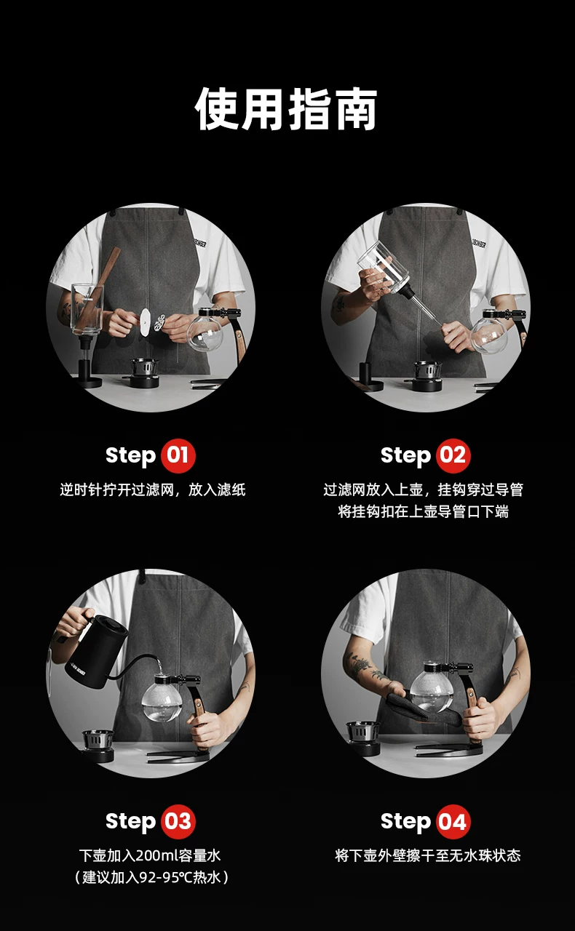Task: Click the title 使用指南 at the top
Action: tap(286, 109)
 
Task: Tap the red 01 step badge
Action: tap(178, 455)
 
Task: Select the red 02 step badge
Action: tap(453, 455)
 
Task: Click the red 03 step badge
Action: tap(178, 822)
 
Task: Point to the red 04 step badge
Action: tap(453, 822)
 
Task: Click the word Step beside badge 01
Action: tap(130, 456)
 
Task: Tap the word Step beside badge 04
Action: tap(405, 822)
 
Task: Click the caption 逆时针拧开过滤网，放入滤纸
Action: tap(153, 490)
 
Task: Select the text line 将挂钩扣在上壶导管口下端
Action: tap(423, 511)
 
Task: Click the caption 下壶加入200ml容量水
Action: tap(150, 856)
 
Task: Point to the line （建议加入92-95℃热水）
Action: tap(151, 877)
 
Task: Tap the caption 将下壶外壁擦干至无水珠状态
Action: tap(428, 856)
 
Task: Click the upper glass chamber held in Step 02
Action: tap(382, 266)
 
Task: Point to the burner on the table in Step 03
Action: tap(98, 746)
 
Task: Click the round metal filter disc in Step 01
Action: tap(160, 322)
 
